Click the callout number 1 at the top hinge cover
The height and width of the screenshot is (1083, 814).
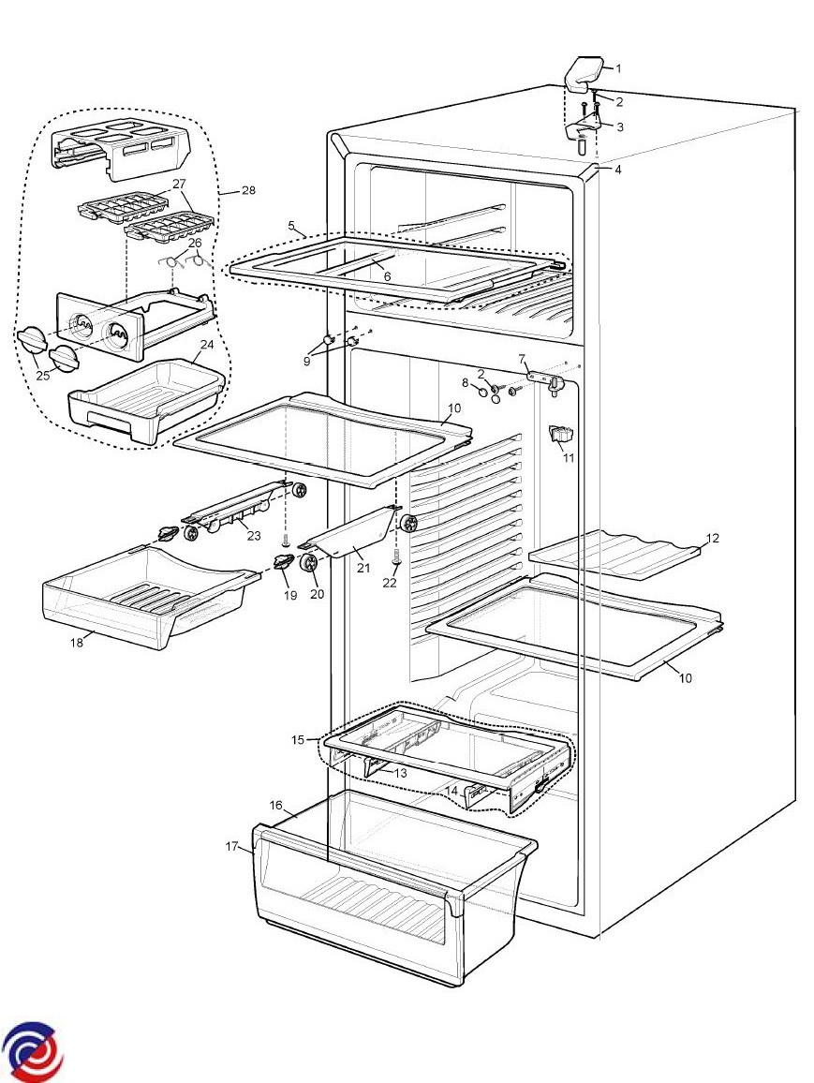tap(618, 68)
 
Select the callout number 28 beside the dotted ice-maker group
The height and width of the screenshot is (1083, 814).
tap(248, 190)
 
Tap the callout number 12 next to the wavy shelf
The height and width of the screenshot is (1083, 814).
tap(713, 539)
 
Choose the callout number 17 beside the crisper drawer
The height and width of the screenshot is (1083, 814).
tap(231, 847)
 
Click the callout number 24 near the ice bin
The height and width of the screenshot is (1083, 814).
tap(206, 344)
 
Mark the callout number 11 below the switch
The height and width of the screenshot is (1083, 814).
tap(569, 458)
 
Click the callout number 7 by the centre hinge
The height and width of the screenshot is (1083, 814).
tap(523, 359)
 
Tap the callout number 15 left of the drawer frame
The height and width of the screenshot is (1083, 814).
tap(298, 740)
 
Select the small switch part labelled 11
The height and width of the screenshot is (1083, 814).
tap(563, 435)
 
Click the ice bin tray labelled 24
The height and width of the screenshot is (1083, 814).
tap(145, 405)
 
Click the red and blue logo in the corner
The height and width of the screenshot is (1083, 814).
tap(32, 1050)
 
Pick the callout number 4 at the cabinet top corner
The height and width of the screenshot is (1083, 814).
tap(618, 170)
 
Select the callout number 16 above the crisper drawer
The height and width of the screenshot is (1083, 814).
tap(276, 805)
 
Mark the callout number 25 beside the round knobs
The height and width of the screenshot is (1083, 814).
tap(41, 375)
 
